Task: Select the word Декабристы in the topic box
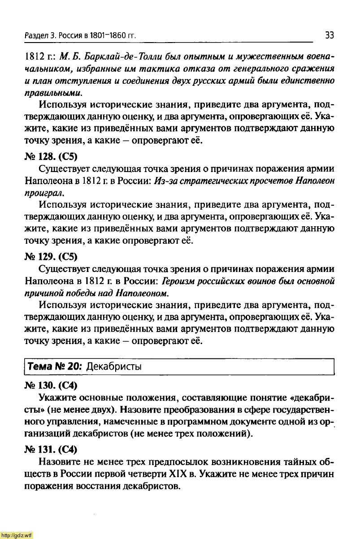[x=114, y=367]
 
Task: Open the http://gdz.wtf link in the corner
[x=17, y=535]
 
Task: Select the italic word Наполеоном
[x=142, y=293]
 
